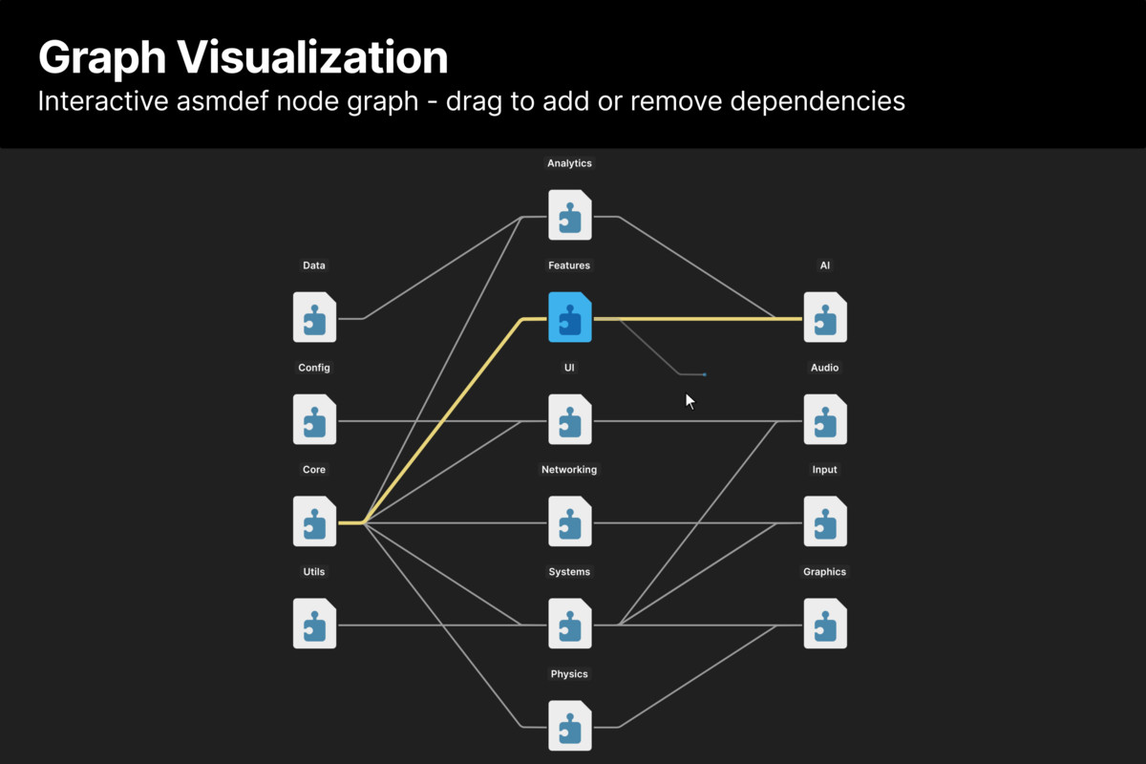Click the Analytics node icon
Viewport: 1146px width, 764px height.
pyautogui.click(x=570, y=215)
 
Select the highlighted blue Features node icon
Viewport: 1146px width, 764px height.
pyautogui.click(x=570, y=317)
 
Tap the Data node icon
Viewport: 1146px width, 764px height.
pyautogui.click(x=314, y=317)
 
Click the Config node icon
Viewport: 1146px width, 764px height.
pyautogui.click(x=314, y=419)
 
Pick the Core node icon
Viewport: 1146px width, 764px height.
pyautogui.click(x=314, y=521)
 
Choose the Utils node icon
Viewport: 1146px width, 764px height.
pyautogui.click(x=314, y=624)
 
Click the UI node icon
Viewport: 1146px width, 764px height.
pyautogui.click(x=570, y=419)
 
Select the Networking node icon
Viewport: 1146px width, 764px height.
pyautogui.click(x=570, y=521)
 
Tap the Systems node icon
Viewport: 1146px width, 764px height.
pyautogui.click(x=570, y=624)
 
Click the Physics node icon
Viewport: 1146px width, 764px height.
pyautogui.click(x=570, y=726)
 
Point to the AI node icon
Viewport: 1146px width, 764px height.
pyautogui.click(x=825, y=317)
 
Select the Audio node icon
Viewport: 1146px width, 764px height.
pyautogui.click(x=825, y=419)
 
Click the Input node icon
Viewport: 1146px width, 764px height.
pyautogui.click(x=825, y=521)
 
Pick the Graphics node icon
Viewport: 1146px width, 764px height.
pyautogui.click(x=825, y=624)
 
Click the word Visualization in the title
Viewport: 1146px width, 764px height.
pyautogui.click(x=314, y=59)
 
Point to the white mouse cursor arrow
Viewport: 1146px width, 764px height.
pyautogui.click(x=690, y=401)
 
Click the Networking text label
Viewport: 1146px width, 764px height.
pyautogui.click(x=569, y=470)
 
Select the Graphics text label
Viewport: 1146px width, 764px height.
pyautogui.click(x=825, y=572)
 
